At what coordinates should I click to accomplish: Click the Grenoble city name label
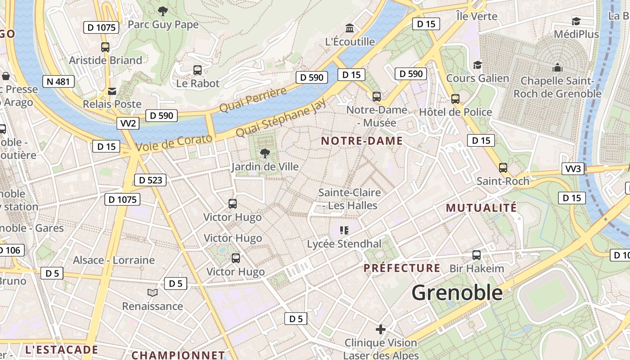pos(457,293)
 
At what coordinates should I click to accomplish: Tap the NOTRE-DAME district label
pos(362,141)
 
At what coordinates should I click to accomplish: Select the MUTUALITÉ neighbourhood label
pos(481,208)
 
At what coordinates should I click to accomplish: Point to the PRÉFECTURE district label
pos(402,268)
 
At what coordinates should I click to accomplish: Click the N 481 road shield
pos(58,81)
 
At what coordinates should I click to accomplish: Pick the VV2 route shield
pos(128,123)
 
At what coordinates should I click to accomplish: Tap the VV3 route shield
pos(573,169)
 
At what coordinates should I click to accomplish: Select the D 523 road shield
pos(150,180)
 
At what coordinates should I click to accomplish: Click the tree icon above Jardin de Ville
pos(265,153)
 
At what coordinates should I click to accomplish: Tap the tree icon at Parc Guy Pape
pos(163,11)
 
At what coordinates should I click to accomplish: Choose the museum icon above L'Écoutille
pos(349,28)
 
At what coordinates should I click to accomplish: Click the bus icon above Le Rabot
pos(198,70)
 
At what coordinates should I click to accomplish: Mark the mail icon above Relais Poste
pos(112,91)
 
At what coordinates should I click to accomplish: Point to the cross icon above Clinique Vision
pos(381,329)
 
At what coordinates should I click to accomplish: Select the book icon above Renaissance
pos(153,292)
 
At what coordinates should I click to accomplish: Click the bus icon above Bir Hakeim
pos(477,255)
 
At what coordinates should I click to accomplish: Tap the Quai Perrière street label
pos(253,100)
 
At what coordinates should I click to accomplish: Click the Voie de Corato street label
pos(174,143)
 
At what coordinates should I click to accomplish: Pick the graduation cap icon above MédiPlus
pos(576,21)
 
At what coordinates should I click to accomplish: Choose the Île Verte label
pos(477,16)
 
